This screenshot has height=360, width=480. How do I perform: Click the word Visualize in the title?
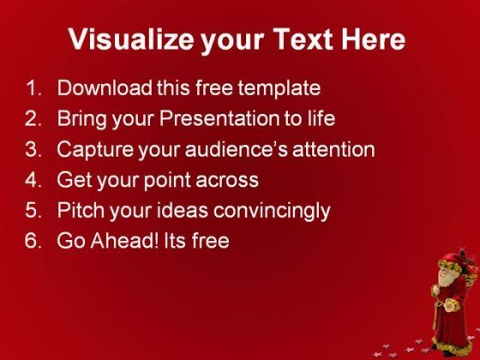point(131,39)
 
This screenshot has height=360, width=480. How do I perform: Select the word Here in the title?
point(374,39)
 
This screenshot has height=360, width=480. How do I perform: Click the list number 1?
point(33,87)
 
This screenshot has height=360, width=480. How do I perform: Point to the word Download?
point(105,87)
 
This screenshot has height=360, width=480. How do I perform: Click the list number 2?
point(33,118)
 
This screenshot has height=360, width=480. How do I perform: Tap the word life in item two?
point(321,118)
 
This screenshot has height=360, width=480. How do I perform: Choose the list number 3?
point(33,149)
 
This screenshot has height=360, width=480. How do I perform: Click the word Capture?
point(95,151)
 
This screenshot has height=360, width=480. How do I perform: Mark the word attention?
point(333,149)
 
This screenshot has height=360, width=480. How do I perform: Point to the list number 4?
point(33,179)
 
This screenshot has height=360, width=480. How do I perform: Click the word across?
point(227,180)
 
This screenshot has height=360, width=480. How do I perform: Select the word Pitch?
point(81,210)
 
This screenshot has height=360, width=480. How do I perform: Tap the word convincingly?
point(272,212)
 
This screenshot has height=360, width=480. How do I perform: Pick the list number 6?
point(33,241)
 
